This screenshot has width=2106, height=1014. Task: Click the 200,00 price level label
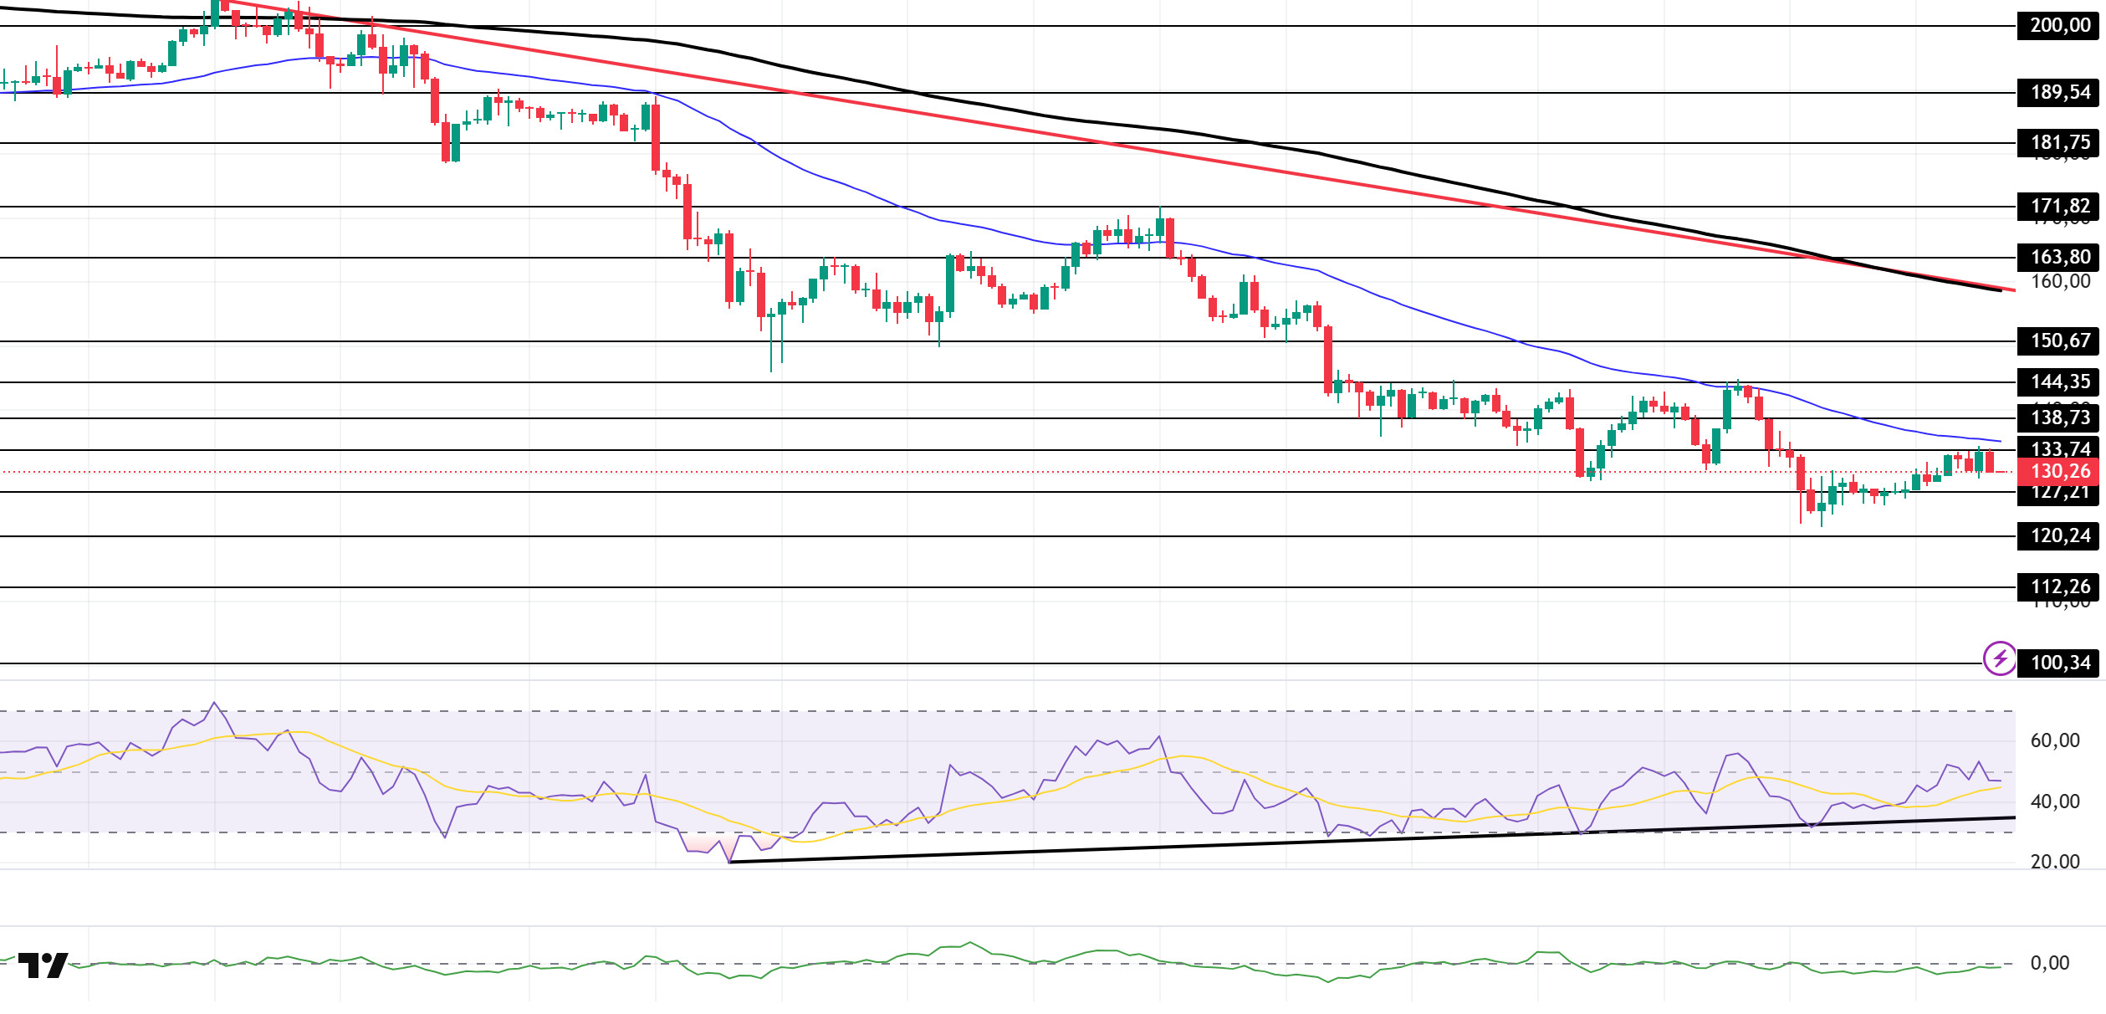(2060, 26)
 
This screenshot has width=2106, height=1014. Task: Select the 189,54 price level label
(2060, 93)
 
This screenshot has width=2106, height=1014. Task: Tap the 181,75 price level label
(2060, 143)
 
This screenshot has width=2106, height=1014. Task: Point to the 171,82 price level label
(2060, 207)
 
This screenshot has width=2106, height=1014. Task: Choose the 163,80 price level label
(2060, 258)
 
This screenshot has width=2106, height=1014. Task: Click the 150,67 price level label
(2060, 341)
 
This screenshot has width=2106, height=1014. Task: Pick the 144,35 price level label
(2060, 382)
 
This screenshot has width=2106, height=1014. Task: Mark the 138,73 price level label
(2060, 417)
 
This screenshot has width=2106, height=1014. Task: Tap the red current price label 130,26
(2060, 472)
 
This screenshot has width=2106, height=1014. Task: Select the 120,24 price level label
(2060, 536)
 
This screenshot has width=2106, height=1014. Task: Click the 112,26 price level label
(2060, 587)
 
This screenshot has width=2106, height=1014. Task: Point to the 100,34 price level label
(2060, 663)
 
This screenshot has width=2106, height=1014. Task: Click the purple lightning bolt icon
(2000, 658)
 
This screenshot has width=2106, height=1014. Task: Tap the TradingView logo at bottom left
(43, 965)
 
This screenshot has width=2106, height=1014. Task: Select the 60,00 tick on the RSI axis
(2055, 741)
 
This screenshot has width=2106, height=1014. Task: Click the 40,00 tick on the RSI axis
(2055, 802)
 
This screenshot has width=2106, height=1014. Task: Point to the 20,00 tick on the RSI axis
(2055, 863)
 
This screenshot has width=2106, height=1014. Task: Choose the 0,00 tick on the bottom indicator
(2050, 964)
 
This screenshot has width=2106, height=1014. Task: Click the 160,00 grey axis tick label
(2060, 282)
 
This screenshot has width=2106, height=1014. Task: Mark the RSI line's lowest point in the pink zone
(730, 861)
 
